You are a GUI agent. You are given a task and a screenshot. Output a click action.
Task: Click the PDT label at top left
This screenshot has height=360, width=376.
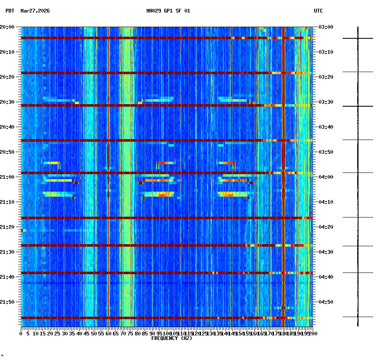(10, 11)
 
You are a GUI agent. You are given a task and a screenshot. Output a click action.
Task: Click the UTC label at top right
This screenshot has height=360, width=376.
(318, 11)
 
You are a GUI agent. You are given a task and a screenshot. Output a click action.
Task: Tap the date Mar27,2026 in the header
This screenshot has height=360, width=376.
(35, 11)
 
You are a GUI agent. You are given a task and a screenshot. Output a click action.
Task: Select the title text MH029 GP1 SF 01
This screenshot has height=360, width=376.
(168, 11)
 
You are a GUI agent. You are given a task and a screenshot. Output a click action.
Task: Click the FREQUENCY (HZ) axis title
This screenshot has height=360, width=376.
(172, 338)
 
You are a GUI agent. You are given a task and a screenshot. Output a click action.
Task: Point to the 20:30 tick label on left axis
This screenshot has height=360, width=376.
(7, 102)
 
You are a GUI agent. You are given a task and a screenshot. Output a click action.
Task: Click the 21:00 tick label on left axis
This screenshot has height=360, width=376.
(7, 177)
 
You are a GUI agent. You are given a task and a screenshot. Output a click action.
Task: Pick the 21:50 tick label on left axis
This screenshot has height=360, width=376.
(7, 302)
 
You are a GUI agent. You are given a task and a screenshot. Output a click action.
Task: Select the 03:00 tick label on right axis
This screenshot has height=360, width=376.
(326, 27)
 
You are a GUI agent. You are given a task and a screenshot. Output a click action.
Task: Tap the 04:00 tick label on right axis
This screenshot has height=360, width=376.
(326, 177)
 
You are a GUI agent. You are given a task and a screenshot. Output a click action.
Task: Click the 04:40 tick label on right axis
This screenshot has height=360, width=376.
(326, 277)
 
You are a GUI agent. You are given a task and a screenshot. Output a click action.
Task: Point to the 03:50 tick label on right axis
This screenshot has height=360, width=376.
(326, 152)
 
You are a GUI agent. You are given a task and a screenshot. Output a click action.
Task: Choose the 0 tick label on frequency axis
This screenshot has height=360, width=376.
(21, 334)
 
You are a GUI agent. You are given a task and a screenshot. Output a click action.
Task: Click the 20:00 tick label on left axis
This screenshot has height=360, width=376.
(7, 27)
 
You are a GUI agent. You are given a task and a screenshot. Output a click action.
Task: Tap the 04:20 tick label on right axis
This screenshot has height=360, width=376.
(326, 227)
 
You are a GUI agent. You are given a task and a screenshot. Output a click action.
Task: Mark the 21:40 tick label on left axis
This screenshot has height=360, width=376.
(7, 277)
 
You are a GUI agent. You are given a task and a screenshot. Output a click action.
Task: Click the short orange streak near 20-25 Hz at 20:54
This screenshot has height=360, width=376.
(52, 163)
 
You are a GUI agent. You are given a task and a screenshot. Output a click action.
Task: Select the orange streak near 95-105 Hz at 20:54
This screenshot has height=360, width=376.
(166, 163)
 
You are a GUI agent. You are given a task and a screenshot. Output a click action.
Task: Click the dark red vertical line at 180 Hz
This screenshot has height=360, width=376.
(283, 125)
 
